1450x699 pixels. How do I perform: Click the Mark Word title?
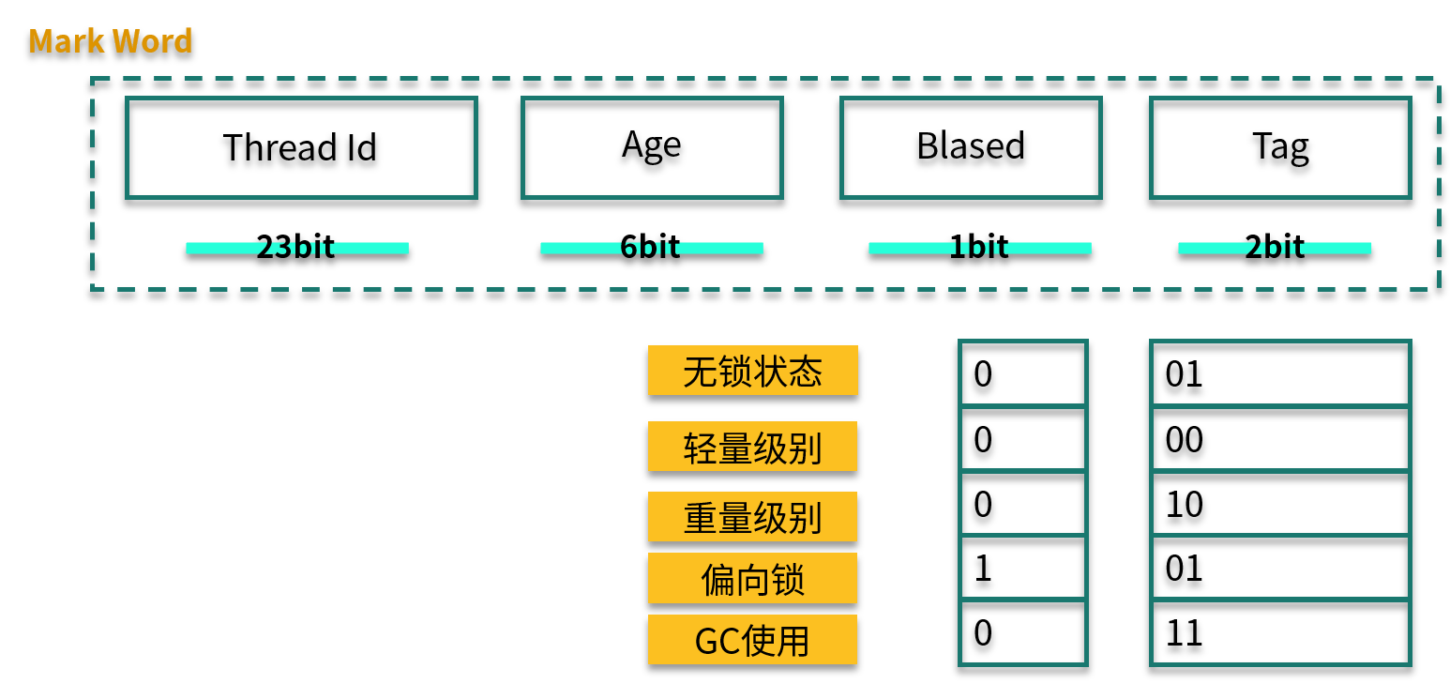click(x=111, y=41)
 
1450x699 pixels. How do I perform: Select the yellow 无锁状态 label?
click(x=752, y=371)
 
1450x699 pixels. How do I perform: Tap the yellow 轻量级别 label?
click(x=752, y=447)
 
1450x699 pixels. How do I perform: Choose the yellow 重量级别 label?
click(x=752, y=517)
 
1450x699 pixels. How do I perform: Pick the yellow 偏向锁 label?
click(x=752, y=578)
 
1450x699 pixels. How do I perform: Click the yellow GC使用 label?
click(x=752, y=640)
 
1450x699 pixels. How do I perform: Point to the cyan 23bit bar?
click(x=297, y=249)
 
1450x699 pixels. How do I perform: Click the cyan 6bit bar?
click(x=652, y=249)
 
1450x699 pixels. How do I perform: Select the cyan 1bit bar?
click(x=980, y=249)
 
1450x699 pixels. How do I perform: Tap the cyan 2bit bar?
click(x=1275, y=249)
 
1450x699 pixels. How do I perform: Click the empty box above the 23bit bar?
click(x=301, y=148)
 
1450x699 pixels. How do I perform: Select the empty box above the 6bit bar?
click(x=652, y=148)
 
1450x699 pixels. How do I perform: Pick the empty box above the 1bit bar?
click(x=971, y=148)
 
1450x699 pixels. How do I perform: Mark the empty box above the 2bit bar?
click(x=1280, y=148)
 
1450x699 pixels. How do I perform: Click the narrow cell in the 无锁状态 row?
click(x=1022, y=373)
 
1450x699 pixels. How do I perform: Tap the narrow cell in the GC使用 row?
click(x=1022, y=632)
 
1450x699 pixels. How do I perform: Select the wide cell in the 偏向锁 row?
click(x=1280, y=567)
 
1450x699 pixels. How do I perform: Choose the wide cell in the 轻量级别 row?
click(x=1280, y=438)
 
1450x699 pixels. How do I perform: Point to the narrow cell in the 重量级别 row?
click(x=1022, y=503)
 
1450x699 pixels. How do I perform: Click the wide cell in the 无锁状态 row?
click(x=1280, y=373)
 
